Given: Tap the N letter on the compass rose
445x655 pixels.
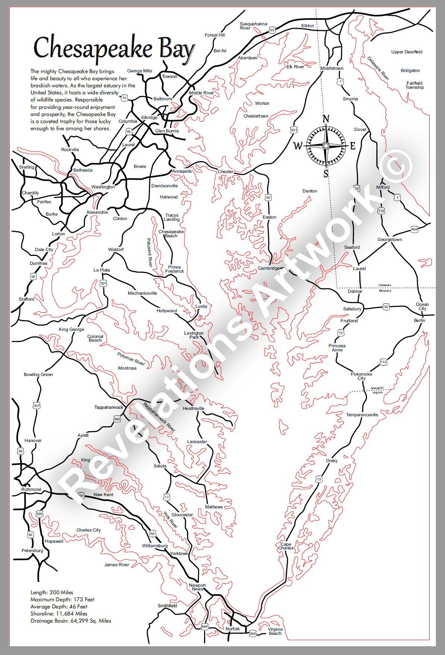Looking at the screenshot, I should pos(326,119).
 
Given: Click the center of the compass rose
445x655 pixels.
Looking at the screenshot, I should pos(326,146).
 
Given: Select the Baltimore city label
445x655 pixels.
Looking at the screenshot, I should pos(163,99).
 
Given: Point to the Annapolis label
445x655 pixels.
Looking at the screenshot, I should pos(182,171).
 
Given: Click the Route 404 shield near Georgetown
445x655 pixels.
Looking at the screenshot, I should pos(414,229).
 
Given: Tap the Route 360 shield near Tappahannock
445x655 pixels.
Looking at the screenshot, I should pos(117,419).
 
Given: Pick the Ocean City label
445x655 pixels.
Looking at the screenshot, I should pos(422,307).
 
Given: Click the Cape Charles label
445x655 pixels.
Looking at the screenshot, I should pos(286,546).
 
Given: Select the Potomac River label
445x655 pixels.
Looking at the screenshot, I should pos(131,359).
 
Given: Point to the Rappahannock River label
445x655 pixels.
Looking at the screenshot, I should pos(159,417).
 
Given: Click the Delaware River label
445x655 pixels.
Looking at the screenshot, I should pos(378,68).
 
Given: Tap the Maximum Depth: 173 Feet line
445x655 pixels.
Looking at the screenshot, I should pos(62,599).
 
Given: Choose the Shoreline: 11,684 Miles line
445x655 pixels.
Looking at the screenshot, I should pos(59,614).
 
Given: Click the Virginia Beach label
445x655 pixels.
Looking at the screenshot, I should pos(275,631).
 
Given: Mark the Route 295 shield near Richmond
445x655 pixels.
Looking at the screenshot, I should pos(40,514).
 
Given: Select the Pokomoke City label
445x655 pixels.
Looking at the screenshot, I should pos(361,376).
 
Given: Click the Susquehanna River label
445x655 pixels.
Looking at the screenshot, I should pos(253,26).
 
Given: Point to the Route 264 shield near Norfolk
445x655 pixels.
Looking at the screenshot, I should pos(253,634).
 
